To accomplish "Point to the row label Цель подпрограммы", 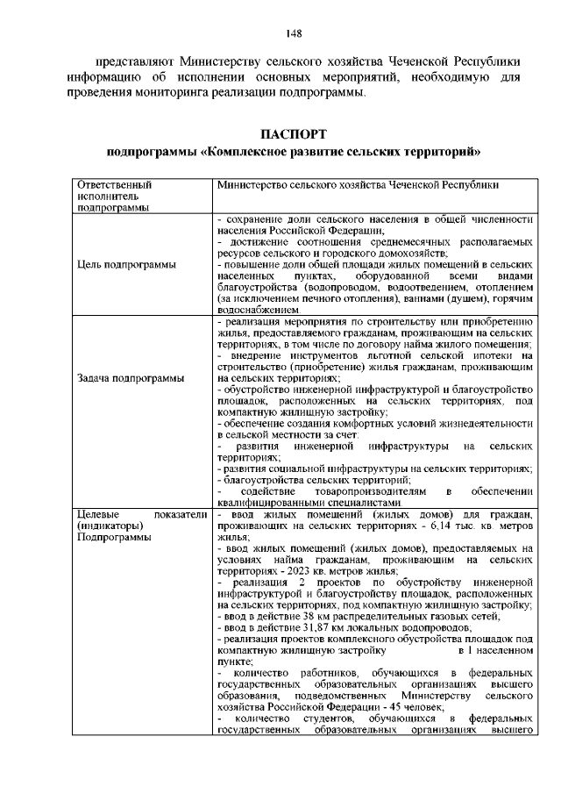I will click(x=124, y=264).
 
